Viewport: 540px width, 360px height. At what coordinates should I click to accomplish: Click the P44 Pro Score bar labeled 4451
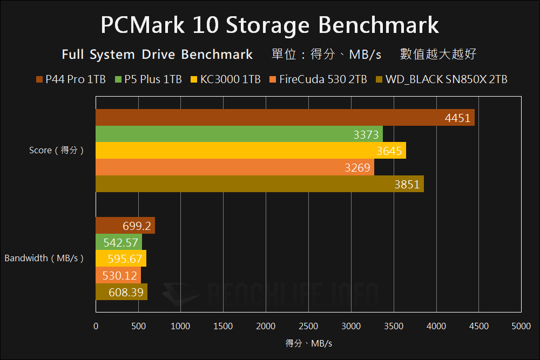coord(285,118)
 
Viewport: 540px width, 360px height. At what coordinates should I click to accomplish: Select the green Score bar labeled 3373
coord(239,134)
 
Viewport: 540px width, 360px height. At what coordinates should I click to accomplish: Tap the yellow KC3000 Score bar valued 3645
coord(251,151)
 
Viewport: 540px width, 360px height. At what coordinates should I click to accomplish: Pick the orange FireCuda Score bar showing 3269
coord(235,167)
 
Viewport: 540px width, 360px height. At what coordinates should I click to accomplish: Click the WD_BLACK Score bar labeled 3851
coord(260,184)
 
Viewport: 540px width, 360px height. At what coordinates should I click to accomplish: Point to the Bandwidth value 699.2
coord(137,226)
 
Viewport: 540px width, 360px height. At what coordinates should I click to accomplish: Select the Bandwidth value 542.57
coord(121,242)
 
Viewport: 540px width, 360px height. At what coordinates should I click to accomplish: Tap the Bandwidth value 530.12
coord(120,275)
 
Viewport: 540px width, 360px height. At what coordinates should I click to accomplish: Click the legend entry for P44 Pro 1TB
coord(71,80)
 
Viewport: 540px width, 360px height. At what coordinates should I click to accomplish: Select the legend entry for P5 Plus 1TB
coord(148,80)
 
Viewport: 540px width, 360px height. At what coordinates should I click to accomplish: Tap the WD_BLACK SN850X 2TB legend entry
coord(441,80)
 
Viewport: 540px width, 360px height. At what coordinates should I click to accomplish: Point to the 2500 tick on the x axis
coord(308,326)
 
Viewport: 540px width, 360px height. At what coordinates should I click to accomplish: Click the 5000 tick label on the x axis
coord(521,326)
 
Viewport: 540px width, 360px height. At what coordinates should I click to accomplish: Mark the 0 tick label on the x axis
coord(96,326)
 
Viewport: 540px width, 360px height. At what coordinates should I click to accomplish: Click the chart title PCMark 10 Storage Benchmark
coord(270,25)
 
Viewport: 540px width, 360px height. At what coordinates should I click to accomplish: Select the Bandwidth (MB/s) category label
coord(44,259)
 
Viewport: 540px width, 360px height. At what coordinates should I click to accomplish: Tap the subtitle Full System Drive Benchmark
coord(157,55)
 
